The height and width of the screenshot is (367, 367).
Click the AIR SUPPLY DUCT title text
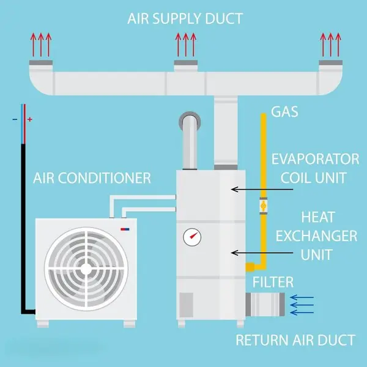[185, 18]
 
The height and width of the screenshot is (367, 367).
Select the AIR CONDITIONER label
[92, 179]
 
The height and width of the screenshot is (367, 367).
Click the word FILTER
[274, 283]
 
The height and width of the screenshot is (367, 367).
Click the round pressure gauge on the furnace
[193, 236]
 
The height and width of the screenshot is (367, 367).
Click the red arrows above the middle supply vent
[185, 45]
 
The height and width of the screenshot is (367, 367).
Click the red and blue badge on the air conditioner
[125, 231]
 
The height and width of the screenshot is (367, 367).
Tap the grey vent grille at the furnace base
[186, 304]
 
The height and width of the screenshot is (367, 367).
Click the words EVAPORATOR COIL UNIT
[316, 169]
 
